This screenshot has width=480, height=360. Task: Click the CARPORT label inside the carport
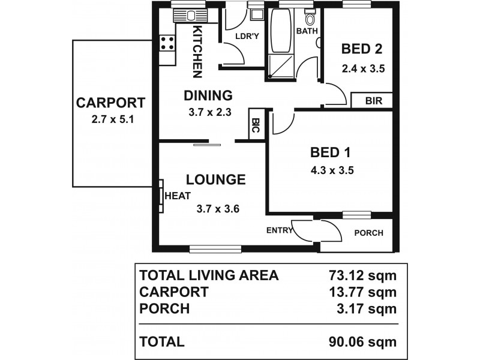point(111,103)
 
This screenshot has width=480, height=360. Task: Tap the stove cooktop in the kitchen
point(167,43)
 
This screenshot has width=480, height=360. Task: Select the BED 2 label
point(362,49)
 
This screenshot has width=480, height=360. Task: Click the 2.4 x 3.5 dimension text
point(362,68)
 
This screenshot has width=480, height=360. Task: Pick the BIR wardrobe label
point(373,101)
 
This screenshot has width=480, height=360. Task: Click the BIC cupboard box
point(256,126)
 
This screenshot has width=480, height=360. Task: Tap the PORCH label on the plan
point(368,233)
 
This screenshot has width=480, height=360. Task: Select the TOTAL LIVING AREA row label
point(209,275)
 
